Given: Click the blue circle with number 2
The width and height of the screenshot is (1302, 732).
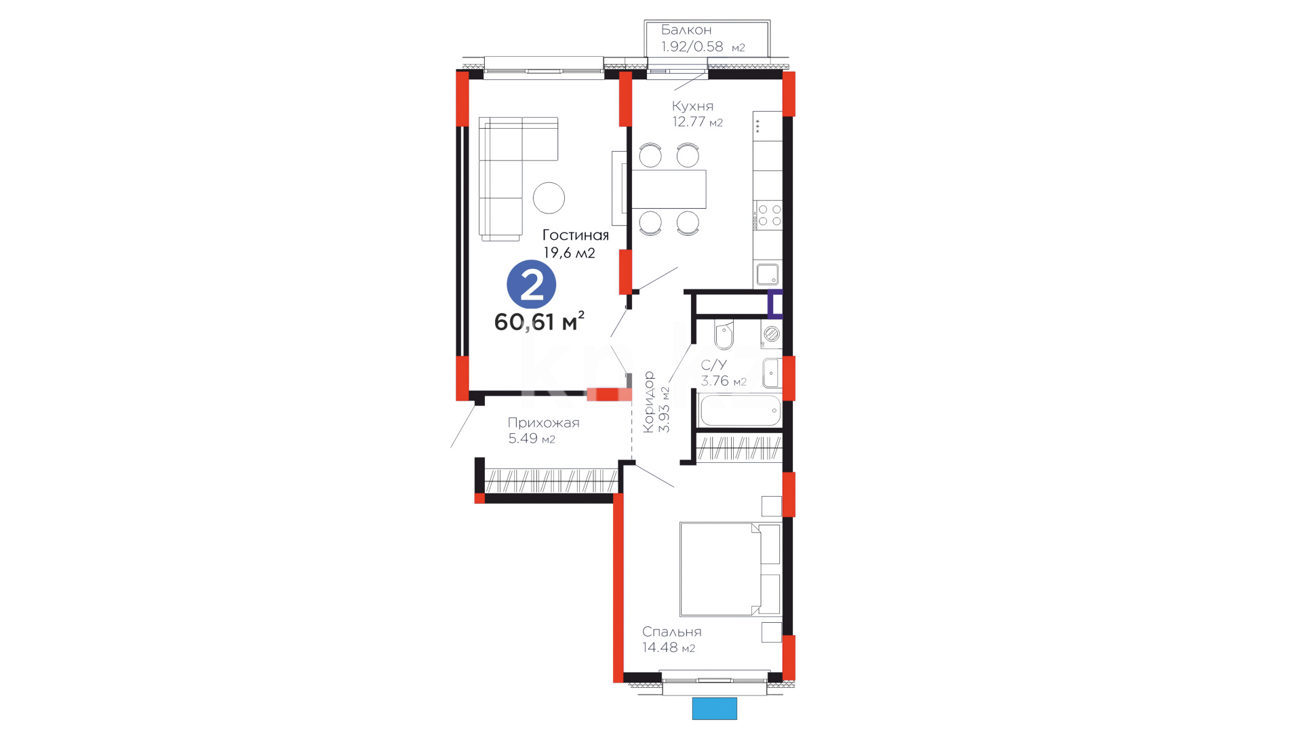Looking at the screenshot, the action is (x=532, y=285).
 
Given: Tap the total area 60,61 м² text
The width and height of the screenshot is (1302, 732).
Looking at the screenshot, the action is (x=539, y=321).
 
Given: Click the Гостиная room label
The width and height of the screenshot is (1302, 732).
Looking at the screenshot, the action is (x=576, y=235).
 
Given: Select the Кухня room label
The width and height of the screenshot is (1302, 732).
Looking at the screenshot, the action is (x=692, y=106).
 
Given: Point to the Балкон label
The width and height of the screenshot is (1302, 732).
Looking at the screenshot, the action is (x=686, y=30).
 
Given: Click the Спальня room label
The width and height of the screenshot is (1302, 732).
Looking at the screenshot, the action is (x=672, y=632).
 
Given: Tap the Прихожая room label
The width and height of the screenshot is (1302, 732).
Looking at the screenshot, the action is (x=543, y=423).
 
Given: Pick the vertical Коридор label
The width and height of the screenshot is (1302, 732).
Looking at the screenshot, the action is (x=649, y=402).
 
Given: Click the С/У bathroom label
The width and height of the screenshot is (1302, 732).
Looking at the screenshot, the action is (x=713, y=365).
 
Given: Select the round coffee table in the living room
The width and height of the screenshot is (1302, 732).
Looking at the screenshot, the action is (x=549, y=198).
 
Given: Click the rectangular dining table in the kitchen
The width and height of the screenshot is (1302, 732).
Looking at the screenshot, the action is (x=669, y=189).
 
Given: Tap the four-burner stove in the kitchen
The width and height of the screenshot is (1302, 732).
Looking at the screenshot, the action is (x=769, y=215).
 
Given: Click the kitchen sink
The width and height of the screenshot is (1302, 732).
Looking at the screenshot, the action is (x=768, y=274).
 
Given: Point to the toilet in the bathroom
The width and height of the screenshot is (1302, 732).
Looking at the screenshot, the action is (x=724, y=333).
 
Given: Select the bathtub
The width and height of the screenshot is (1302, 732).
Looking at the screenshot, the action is (x=741, y=410).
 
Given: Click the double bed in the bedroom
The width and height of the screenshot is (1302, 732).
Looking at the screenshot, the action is (x=730, y=569).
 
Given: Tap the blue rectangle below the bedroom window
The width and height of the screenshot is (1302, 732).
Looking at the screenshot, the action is (x=714, y=708).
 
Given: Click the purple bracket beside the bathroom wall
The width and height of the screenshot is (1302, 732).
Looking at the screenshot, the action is (x=774, y=304).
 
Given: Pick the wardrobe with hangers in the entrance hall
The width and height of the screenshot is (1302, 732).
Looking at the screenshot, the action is (x=551, y=481).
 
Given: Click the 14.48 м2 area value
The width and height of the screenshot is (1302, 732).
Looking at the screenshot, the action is (x=669, y=648).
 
